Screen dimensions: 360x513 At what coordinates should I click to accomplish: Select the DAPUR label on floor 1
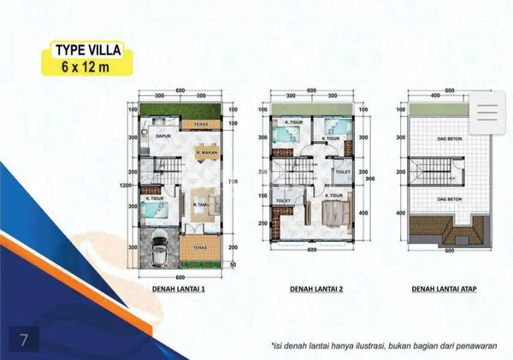coord(162,135)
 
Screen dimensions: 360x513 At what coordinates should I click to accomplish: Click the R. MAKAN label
coord(203,154)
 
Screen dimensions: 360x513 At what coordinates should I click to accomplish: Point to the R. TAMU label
coord(202,205)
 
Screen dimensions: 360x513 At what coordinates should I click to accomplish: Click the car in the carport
coord(159,251)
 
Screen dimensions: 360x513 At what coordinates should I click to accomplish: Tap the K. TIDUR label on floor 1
coord(154,198)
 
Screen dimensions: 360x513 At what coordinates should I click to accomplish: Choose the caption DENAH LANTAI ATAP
coord(444,289)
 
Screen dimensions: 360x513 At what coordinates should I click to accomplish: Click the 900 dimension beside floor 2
coord(369,178)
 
